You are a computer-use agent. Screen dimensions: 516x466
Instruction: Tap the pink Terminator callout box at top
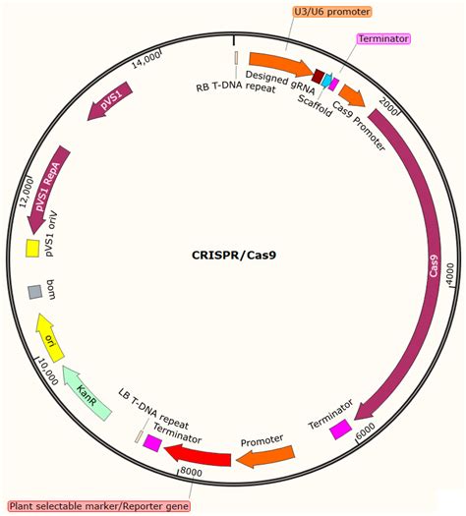(382, 38)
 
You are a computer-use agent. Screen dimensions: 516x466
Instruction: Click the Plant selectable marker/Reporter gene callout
(98, 504)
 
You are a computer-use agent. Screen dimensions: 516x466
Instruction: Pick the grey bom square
(34, 292)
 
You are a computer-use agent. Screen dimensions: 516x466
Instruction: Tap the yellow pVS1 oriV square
(32, 249)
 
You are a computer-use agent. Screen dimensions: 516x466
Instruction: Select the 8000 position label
(192, 473)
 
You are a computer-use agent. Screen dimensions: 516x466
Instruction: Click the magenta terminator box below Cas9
(340, 430)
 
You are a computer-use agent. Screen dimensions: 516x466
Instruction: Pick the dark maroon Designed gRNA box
(318, 76)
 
